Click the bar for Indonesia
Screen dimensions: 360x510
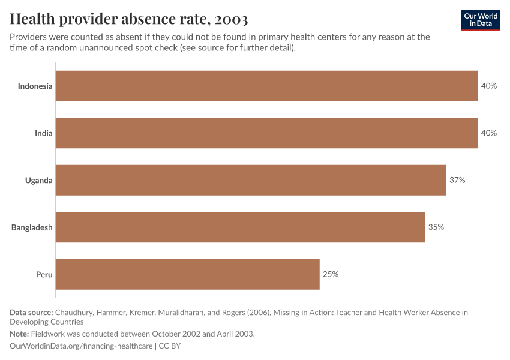pyautogui.click(x=267, y=86)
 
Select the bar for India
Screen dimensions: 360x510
pyautogui.click(x=267, y=133)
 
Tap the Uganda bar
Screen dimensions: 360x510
pyautogui.click(x=251, y=180)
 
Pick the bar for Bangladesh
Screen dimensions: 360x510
pyautogui.click(x=240, y=227)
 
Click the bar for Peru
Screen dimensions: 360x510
pyautogui.click(x=187, y=274)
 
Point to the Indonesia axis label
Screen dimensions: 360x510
pyautogui.click(x=35, y=86)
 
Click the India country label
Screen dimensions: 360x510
pyautogui.click(x=43, y=133)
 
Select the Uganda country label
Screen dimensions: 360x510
pyautogui.click(x=38, y=180)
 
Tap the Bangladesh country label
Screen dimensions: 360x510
pyautogui.click(x=32, y=227)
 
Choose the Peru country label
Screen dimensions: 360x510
pyautogui.click(x=44, y=274)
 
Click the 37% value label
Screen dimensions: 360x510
pyautogui.click(x=457, y=180)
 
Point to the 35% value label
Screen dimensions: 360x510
pyautogui.click(x=436, y=227)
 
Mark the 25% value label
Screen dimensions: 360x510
pyautogui.click(x=331, y=274)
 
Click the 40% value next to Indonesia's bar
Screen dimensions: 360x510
pyautogui.click(x=489, y=86)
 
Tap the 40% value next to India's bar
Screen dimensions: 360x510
pyautogui.click(x=489, y=133)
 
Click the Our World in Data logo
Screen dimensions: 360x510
pyautogui.click(x=481, y=20)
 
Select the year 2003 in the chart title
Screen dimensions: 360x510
pyautogui.click(x=230, y=19)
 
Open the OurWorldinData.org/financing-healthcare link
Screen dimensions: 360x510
pyautogui.click(x=81, y=346)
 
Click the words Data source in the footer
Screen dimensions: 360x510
pyautogui.click(x=31, y=313)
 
